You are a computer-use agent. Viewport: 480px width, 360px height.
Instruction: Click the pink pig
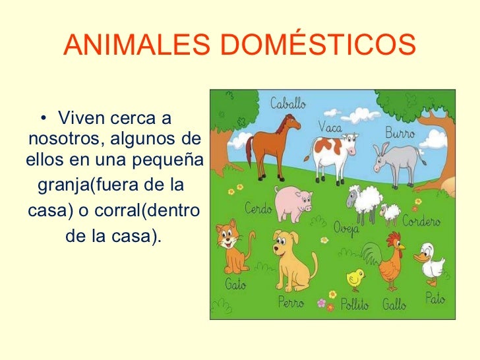click(x=293, y=202)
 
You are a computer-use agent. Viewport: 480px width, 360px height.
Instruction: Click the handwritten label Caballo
click(x=288, y=104)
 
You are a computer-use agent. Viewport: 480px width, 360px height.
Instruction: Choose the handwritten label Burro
click(x=400, y=133)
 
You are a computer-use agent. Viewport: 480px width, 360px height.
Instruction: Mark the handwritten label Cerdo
click(x=259, y=209)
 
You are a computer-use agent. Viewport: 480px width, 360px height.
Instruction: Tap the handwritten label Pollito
click(x=355, y=305)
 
